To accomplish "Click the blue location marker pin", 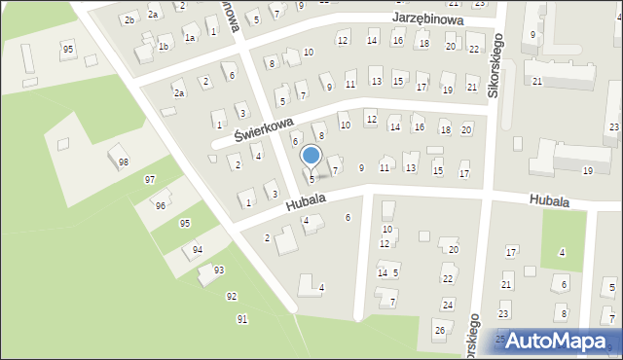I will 311,156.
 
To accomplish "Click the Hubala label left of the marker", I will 305,201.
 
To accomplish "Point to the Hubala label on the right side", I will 550,200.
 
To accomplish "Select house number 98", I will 123,162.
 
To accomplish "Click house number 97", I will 150,180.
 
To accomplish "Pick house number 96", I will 160,205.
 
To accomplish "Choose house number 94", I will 198,250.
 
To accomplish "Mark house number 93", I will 219,270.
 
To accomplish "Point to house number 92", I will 231,296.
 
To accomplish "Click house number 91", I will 242,319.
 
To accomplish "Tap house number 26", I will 439,332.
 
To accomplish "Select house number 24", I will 447,305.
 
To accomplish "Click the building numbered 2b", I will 128,19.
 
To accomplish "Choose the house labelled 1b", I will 165,47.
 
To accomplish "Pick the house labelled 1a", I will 191,37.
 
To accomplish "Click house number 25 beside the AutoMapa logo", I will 500,340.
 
